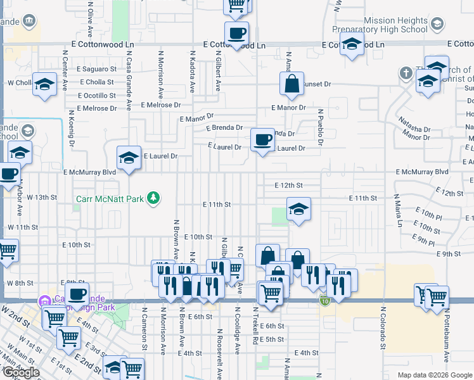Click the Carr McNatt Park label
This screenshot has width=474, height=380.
click(x=110, y=199)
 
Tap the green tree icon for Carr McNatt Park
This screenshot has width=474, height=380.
click(x=153, y=199)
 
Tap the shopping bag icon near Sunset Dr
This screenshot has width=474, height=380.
click(x=290, y=84)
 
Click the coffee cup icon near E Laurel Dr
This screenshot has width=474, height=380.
click(x=262, y=139)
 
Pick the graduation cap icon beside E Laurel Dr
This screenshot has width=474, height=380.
click(x=129, y=158)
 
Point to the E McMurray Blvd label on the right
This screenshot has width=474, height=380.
click(x=422, y=172)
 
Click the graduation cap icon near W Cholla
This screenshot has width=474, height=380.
click(x=44, y=84)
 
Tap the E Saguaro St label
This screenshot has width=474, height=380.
click(x=97, y=68)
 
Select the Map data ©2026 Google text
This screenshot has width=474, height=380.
click(x=434, y=375)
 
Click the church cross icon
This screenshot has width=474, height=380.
click(x=406, y=73)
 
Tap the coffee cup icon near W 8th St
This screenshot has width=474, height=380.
click(x=77, y=294)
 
